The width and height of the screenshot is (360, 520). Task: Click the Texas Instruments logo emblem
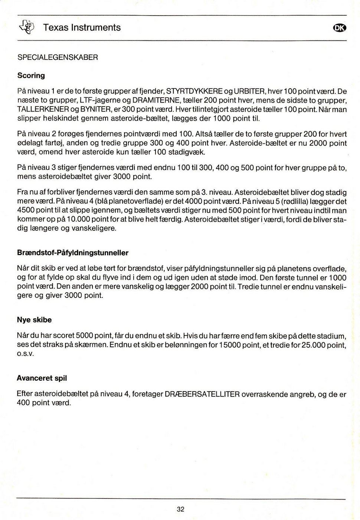coord(27,27)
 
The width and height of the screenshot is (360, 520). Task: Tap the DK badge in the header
coord(339,28)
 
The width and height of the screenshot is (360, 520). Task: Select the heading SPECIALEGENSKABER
coord(58,58)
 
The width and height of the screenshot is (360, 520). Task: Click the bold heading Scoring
coord(31,75)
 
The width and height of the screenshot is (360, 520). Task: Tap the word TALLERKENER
coord(43,110)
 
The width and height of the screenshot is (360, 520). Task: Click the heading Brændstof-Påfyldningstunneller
coord(73,253)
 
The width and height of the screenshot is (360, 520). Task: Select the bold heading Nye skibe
coord(34,320)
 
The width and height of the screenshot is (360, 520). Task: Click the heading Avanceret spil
coord(42,378)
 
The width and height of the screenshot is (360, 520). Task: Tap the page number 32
coord(180,509)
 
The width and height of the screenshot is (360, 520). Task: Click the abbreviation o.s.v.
coord(26,354)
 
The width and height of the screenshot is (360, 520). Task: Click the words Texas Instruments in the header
coord(82,27)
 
